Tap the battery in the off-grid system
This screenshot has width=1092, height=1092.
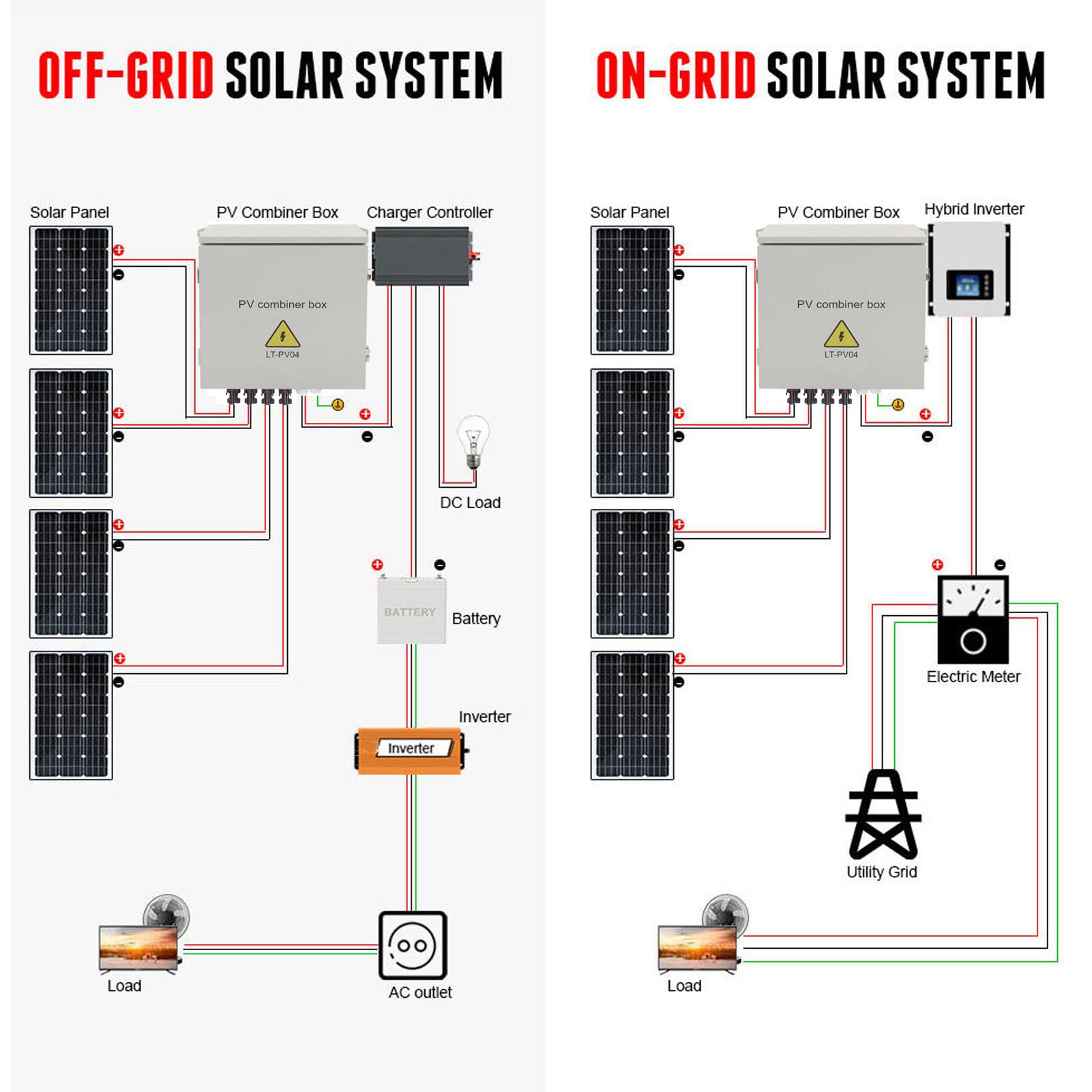[x=411, y=610]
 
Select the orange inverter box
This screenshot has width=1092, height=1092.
[x=411, y=751]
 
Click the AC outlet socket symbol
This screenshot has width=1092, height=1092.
[x=413, y=945]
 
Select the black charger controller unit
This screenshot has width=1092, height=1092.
[x=422, y=256]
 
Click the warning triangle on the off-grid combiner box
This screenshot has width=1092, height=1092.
[x=282, y=334]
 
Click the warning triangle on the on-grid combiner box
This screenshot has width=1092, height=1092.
[x=841, y=334]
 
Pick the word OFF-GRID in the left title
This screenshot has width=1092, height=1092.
[x=126, y=76]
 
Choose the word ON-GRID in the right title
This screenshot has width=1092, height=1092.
[x=676, y=76]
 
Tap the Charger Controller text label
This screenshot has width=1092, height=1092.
[x=430, y=213]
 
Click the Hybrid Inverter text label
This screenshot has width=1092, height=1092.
[x=974, y=209]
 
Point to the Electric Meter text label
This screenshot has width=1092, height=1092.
[x=973, y=677]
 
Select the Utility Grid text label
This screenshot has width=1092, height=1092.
[x=882, y=872]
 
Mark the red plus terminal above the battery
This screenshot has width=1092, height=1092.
[x=377, y=565]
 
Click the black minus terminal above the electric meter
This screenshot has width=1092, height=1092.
[x=1000, y=565]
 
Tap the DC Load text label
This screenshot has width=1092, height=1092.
[x=470, y=503]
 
